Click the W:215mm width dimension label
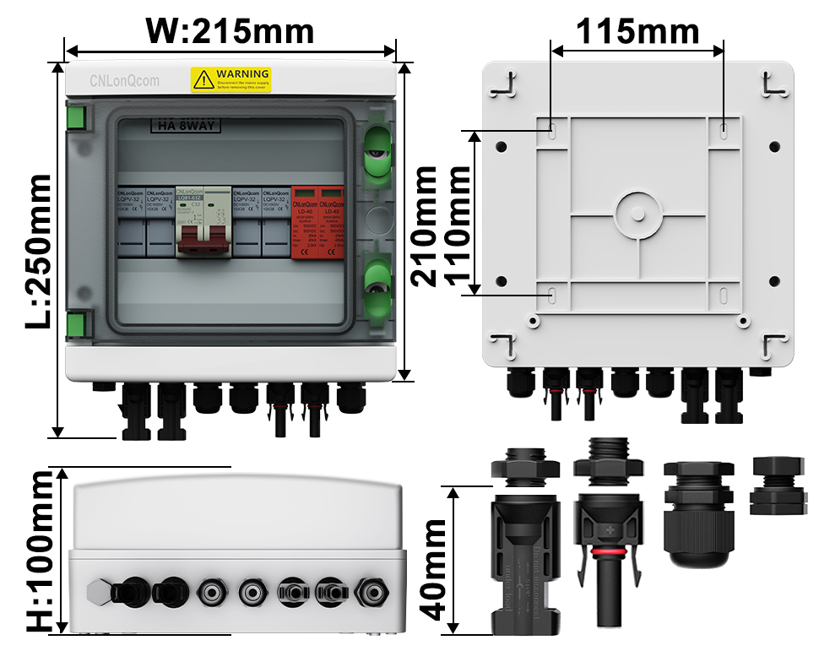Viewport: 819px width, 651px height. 230,31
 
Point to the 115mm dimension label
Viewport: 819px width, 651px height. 637,31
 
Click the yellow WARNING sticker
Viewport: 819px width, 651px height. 230,79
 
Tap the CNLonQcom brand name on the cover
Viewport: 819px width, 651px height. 123,81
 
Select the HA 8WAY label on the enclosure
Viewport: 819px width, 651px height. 185,127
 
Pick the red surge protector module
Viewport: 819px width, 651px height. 317,221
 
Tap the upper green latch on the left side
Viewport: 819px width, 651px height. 76,116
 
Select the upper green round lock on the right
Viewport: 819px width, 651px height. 376,153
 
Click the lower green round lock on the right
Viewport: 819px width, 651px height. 376,284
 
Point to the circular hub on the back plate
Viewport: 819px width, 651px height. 638,214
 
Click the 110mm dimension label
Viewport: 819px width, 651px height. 457,225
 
